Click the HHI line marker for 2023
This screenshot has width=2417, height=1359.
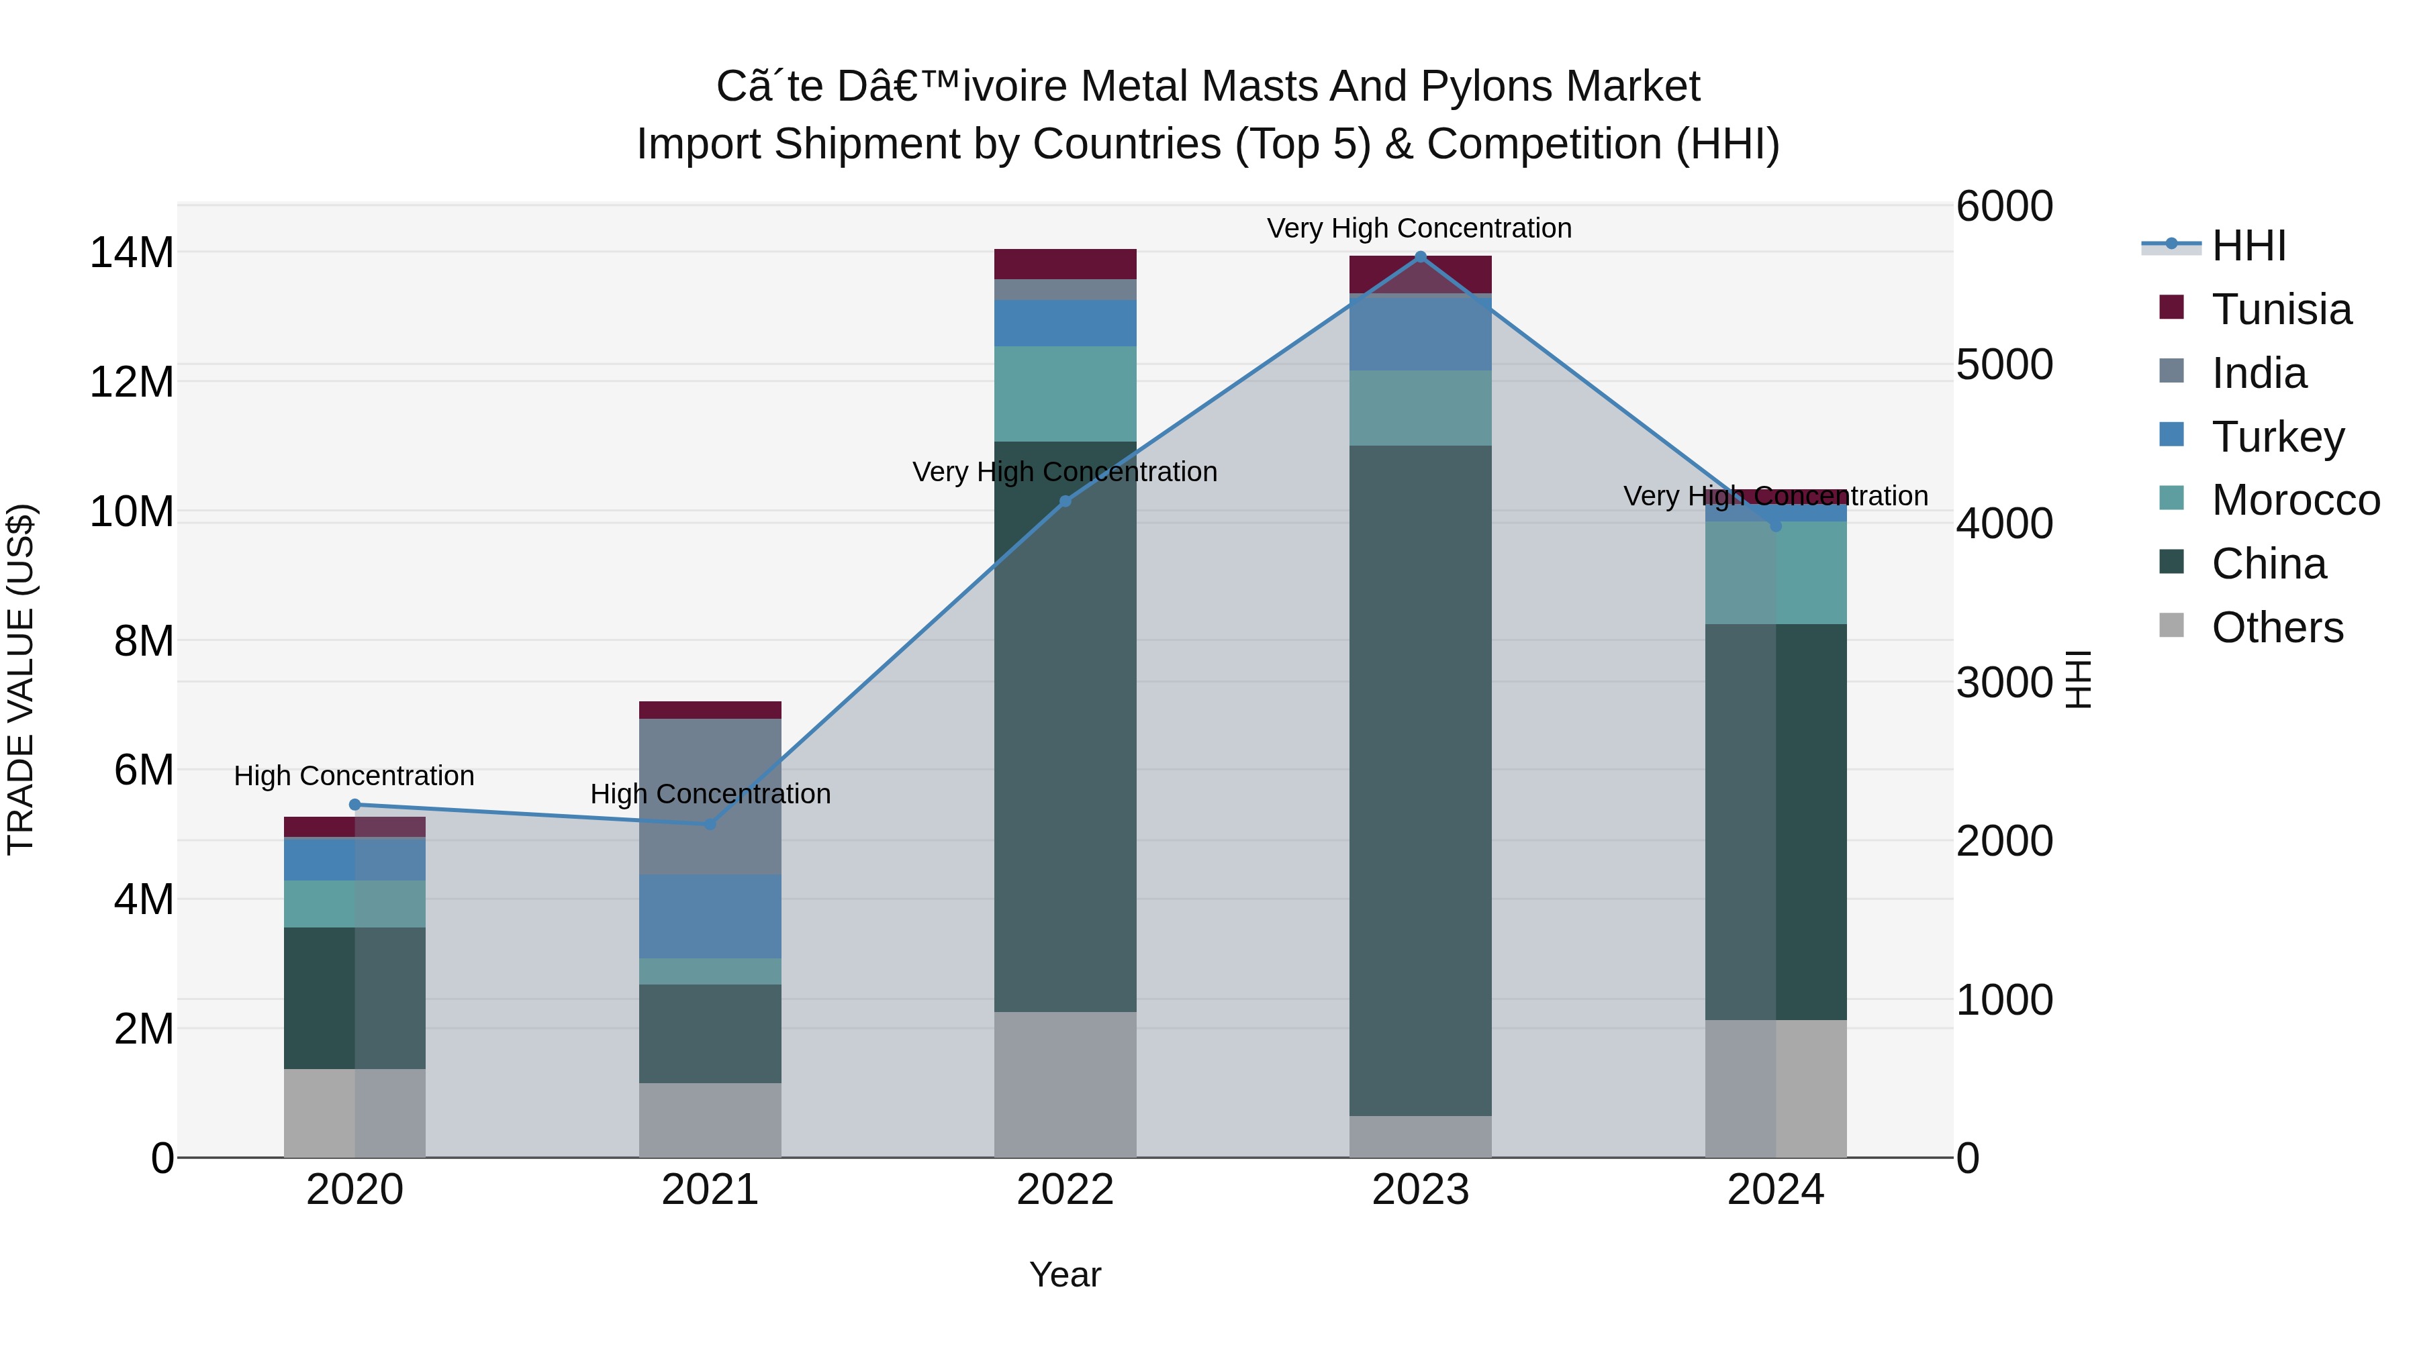[x=1419, y=257]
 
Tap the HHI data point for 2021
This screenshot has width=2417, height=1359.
[x=710, y=823]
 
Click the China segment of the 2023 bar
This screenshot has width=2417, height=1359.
[x=1419, y=778]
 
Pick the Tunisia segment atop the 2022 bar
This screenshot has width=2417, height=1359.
[x=1065, y=264]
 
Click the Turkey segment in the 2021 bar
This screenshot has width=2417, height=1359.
[x=710, y=915]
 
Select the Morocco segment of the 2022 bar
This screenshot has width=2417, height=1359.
[x=1065, y=393]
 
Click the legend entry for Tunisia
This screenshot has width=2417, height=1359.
[x=2280, y=309]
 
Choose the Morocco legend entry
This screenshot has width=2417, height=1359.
[x=2294, y=500]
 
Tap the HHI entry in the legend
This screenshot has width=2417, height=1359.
[x=2248, y=246]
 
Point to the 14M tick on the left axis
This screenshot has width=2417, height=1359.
[x=132, y=253]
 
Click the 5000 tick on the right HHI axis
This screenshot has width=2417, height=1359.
[x=2004, y=365]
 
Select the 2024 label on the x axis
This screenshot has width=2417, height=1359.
[x=1775, y=1190]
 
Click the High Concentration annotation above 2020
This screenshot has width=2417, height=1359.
[x=354, y=776]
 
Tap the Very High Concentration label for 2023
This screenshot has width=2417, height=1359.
[x=1419, y=228]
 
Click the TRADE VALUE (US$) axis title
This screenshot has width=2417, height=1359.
[x=21, y=679]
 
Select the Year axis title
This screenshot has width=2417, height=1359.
[x=1065, y=1274]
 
